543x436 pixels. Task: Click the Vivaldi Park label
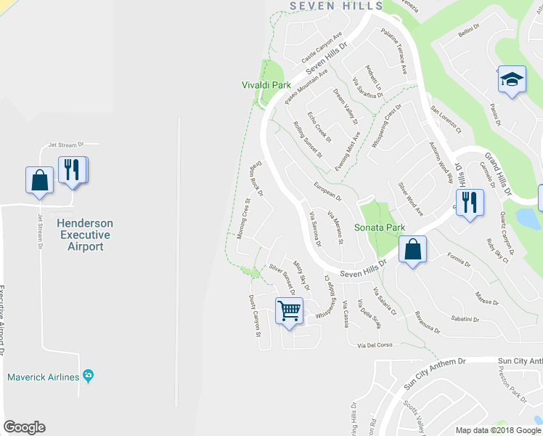pos(261,85)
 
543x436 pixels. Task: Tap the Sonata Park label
pos(379,227)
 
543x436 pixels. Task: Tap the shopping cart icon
pos(289,311)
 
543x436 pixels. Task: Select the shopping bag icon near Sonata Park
pos(412,250)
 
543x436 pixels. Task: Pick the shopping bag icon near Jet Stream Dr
pos(39,179)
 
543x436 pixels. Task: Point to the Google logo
pos(24,427)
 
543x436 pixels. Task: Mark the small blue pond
pos(525,218)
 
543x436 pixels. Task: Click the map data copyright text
pos(497,429)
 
